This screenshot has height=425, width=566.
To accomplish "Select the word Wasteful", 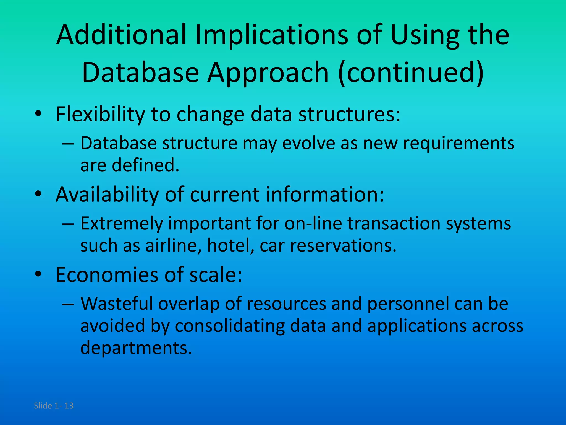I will click(116, 304).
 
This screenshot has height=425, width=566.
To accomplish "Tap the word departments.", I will click(136, 348).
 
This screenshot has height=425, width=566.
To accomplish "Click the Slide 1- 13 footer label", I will click(54, 406).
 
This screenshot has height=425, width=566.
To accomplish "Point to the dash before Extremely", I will click(68, 224).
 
